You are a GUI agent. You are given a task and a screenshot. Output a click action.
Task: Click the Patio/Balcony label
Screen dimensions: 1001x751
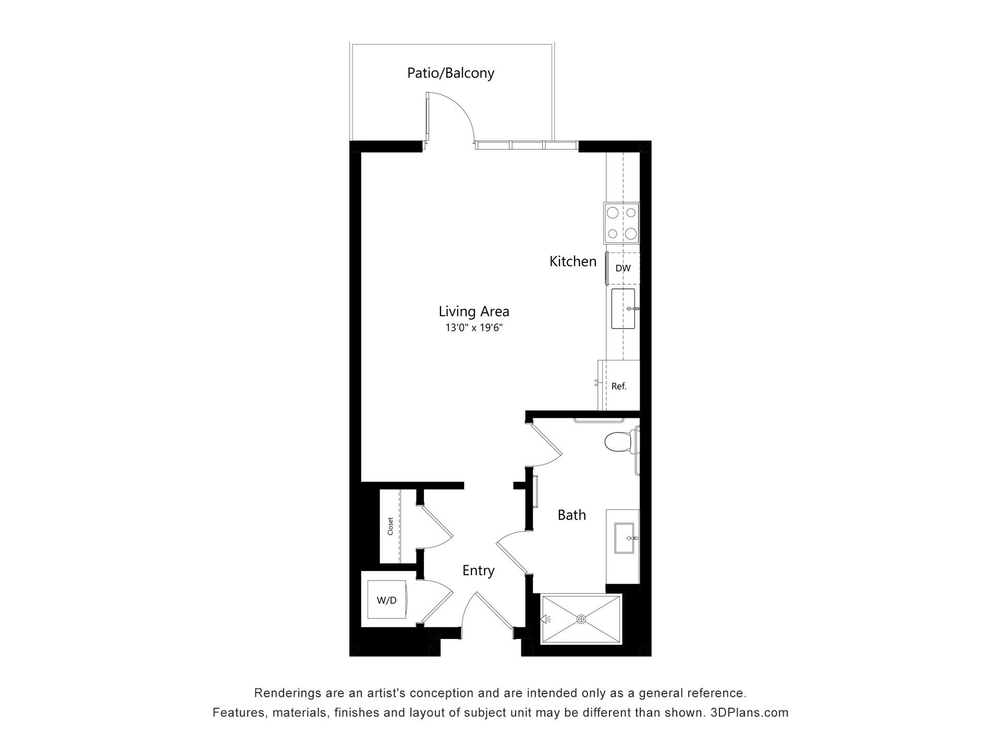450,73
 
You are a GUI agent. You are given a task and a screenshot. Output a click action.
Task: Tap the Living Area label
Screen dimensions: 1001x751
474,311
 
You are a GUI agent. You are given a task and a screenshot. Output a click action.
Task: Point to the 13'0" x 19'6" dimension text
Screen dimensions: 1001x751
474,328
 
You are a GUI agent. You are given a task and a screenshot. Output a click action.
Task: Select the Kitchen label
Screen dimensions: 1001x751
573,261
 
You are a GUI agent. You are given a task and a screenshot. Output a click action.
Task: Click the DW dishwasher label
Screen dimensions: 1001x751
623,268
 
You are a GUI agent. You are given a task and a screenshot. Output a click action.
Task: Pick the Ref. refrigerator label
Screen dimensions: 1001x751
619,386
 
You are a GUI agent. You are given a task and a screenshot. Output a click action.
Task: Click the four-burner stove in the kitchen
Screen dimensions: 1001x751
621,223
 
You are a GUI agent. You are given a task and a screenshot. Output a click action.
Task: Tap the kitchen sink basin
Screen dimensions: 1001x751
623,309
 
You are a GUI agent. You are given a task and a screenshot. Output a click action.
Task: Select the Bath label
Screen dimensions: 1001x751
572,515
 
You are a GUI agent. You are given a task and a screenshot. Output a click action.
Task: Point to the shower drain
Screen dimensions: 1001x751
581,619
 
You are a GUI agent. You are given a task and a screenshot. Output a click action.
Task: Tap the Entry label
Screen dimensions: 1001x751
479,571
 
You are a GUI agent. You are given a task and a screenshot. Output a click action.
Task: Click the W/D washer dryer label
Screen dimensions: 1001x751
386,600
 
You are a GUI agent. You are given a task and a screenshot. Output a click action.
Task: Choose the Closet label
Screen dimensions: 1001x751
390,526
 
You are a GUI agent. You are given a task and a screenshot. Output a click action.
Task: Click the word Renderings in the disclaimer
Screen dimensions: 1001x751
286,693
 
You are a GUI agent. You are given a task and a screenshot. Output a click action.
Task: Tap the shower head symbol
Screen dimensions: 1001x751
546,620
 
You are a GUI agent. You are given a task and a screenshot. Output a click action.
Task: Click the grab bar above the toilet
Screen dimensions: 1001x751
598,420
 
